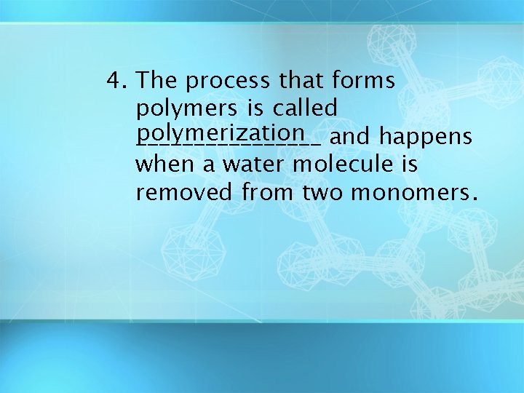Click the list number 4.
coord(115,80)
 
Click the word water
coord(254,164)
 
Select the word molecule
coord(344,164)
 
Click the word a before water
coord(209,165)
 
